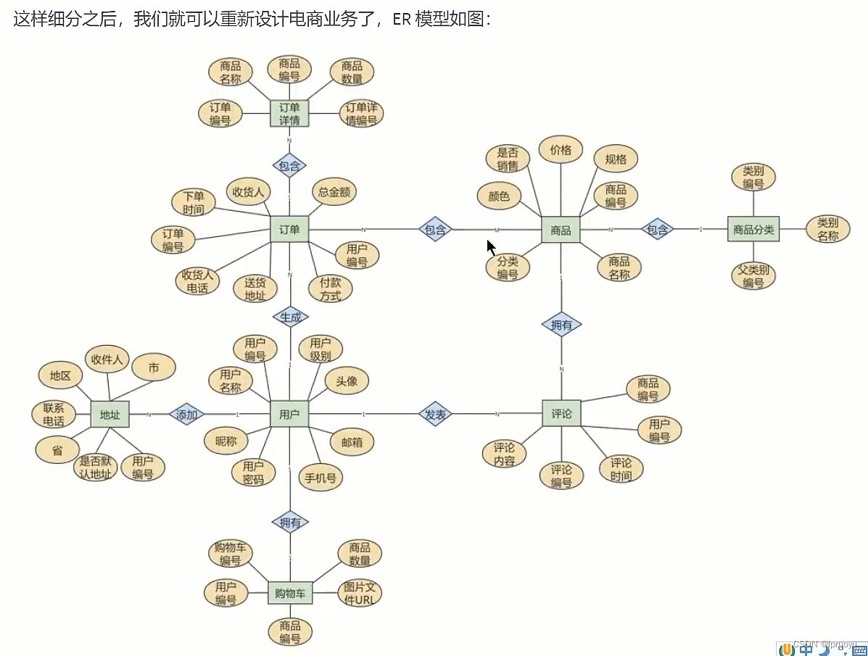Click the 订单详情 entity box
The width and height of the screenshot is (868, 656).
tap(289, 114)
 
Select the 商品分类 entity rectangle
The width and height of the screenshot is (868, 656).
tap(753, 230)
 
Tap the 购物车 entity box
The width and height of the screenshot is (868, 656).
tap(290, 594)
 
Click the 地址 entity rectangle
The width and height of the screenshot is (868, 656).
tap(110, 415)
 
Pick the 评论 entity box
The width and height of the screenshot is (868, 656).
tap(561, 414)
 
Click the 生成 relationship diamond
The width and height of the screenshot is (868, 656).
tap(290, 317)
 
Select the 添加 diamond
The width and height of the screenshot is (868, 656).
tap(186, 415)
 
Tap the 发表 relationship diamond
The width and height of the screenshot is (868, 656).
tap(436, 415)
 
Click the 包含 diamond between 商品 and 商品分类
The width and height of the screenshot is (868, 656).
tap(657, 230)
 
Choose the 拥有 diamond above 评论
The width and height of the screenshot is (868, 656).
tap(561, 325)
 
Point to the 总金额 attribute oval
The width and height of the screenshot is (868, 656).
tap(334, 192)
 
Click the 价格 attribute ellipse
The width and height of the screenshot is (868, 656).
tap(561, 150)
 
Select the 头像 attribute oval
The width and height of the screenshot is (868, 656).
tap(347, 381)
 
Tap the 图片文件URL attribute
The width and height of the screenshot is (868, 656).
tap(359, 594)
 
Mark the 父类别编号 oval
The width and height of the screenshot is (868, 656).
tap(753, 276)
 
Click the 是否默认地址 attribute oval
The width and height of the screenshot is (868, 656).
tap(96, 468)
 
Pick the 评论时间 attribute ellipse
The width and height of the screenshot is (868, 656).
tap(621, 469)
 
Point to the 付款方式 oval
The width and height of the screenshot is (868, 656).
tap(330, 289)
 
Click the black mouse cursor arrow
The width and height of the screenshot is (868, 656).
tap(491, 247)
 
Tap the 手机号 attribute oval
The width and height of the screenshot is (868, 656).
tap(320, 478)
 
